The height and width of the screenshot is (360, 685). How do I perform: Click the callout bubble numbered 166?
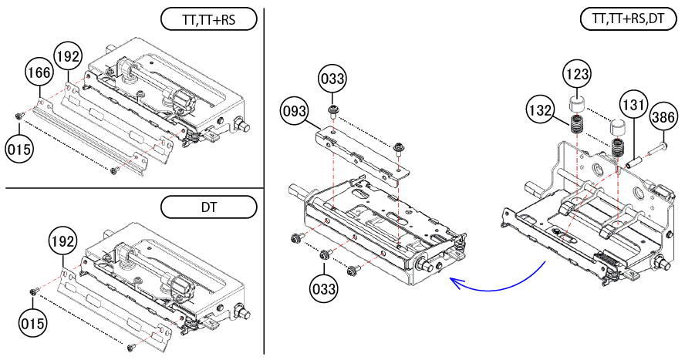(x=39, y=72)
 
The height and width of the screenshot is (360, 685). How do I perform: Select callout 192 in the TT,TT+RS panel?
(x=68, y=57)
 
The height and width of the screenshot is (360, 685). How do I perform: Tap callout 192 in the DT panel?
(x=62, y=241)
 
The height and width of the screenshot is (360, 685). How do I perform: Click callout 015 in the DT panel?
(x=32, y=323)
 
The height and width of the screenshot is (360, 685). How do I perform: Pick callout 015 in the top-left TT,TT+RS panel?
(x=19, y=150)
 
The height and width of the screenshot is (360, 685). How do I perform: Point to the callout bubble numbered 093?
(x=294, y=111)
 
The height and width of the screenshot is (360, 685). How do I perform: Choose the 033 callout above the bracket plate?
(x=332, y=79)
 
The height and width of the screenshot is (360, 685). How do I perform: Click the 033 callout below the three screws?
(x=324, y=288)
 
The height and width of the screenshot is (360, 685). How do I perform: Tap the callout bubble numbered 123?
(x=578, y=74)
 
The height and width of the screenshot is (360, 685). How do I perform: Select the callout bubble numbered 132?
(x=541, y=110)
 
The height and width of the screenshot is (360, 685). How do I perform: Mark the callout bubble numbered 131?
(x=633, y=105)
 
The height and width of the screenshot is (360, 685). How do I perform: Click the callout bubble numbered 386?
(x=663, y=117)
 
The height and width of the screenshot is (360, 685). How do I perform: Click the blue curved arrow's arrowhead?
(x=455, y=283)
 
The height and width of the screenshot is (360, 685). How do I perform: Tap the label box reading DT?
(x=209, y=207)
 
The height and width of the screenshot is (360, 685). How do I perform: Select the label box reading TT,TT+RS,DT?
(x=628, y=19)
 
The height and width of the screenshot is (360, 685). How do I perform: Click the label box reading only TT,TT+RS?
(x=209, y=19)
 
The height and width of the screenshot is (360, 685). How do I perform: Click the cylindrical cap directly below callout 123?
(x=578, y=105)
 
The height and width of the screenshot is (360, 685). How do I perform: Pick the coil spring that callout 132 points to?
(x=577, y=124)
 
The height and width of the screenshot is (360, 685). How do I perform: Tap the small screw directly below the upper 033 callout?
(x=332, y=110)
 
